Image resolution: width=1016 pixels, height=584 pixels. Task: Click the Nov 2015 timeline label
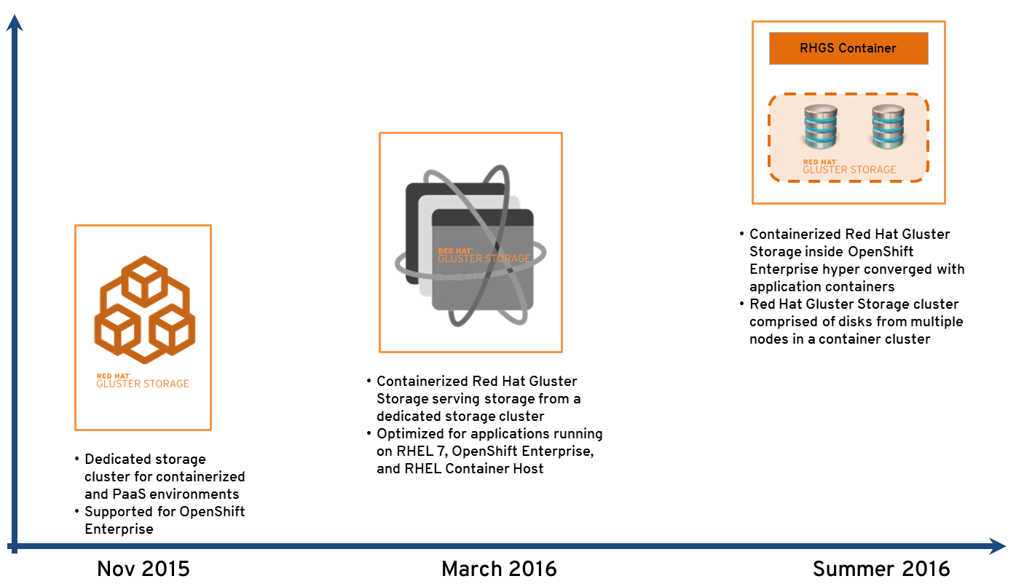click(143, 569)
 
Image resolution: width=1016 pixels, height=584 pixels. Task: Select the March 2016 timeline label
click(499, 569)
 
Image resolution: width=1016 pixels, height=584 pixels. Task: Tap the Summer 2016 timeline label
click(881, 569)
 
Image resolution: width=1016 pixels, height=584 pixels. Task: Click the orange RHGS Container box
click(848, 48)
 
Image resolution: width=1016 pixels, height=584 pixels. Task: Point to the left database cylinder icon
click(821, 127)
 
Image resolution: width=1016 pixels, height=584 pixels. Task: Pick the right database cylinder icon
click(888, 127)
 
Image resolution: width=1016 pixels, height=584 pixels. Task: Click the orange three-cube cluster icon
click(145, 309)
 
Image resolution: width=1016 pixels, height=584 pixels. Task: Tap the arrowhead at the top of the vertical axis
click(15, 23)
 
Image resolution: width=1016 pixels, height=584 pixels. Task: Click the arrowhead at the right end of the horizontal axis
click(997, 546)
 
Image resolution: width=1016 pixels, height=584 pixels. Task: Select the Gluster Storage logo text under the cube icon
click(143, 381)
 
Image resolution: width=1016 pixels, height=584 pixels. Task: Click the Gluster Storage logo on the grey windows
click(484, 256)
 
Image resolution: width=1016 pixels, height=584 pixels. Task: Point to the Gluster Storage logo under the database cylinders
click(849, 167)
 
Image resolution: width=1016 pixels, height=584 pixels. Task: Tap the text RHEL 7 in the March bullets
click(422, 451)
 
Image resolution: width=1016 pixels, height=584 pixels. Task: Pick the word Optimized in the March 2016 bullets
click(411, 434)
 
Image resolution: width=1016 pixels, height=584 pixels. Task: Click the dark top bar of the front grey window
click(482, 218)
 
